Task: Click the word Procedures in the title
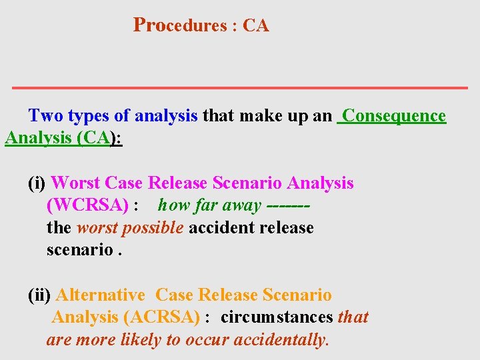click(180, 25)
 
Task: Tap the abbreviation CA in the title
click(256, 26)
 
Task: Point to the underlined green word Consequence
click(393, 116)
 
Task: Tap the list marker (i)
click(37, 183)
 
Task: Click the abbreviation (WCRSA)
click(87, 205)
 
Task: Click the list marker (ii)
click(39, 295)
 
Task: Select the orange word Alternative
click(100, 295)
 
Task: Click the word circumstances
click(277, 317)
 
